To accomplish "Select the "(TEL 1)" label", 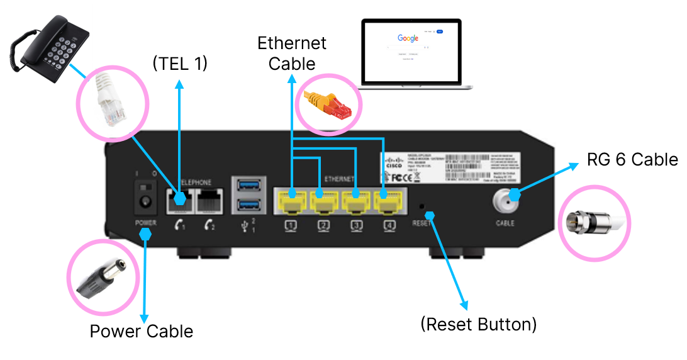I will click(x=180, y=64).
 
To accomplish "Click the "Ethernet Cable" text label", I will click(x=292, y=53).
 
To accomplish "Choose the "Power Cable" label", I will click(x=142, y=331).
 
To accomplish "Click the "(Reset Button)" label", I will click(x=478, y=325).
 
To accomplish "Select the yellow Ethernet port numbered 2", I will click(x=324, y=202).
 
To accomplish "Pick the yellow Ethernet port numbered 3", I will click(x=355, y=202).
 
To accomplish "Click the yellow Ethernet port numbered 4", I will click(x=386, y=202).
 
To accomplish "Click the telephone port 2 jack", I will click(x=209, y=201).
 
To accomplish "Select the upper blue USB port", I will click(x=246, y=185).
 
